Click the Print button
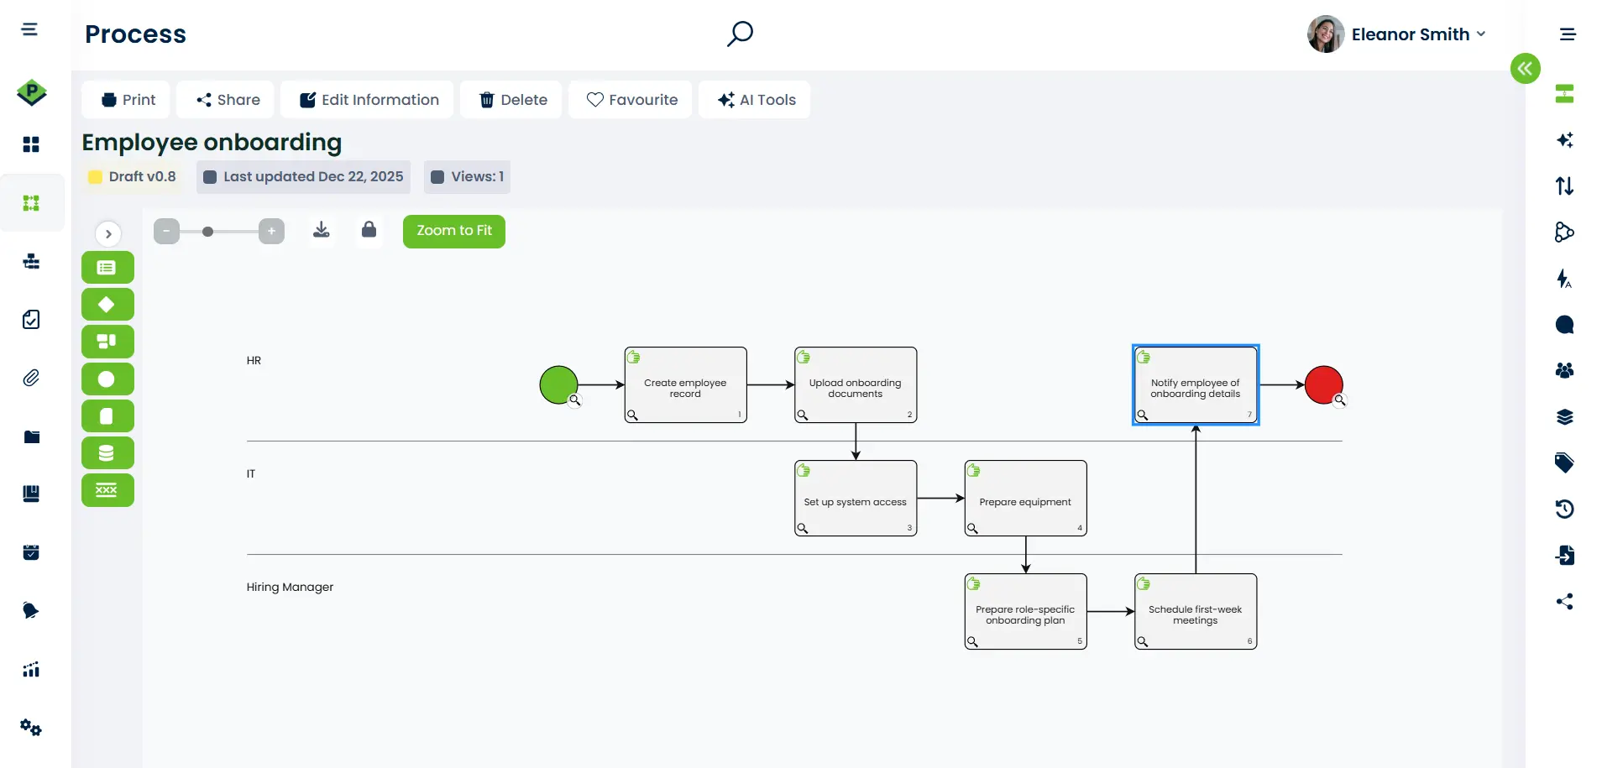[128, 100]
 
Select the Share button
[228, 100]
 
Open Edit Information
[369, 100]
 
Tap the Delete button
[512, 100]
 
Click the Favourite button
[631, 100]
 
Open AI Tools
[756, 100]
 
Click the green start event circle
[558, 385]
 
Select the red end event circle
[1323, 385]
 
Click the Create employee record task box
[685, 385]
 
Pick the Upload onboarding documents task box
[855, 385]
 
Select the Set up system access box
[855, 499]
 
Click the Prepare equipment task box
[1025, 499]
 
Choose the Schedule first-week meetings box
[1195, 612]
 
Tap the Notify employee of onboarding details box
[1195, 385]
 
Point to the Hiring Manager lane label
[290, 588]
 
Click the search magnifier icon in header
[740, 34]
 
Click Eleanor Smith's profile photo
[1325, 34]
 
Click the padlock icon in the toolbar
[369, 230]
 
